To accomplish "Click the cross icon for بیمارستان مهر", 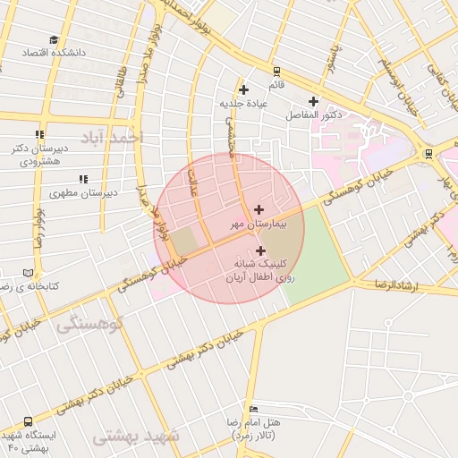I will [259, 209].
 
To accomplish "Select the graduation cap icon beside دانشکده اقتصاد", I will [54, 40].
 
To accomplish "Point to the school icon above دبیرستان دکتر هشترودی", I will [39, 135].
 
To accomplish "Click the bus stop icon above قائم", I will [276, 72].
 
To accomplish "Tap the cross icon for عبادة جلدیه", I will [243, 89].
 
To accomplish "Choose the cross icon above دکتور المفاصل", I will [313, 101].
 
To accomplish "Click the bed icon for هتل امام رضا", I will [254, 409].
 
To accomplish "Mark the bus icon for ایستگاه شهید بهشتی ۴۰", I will [29, 421].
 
